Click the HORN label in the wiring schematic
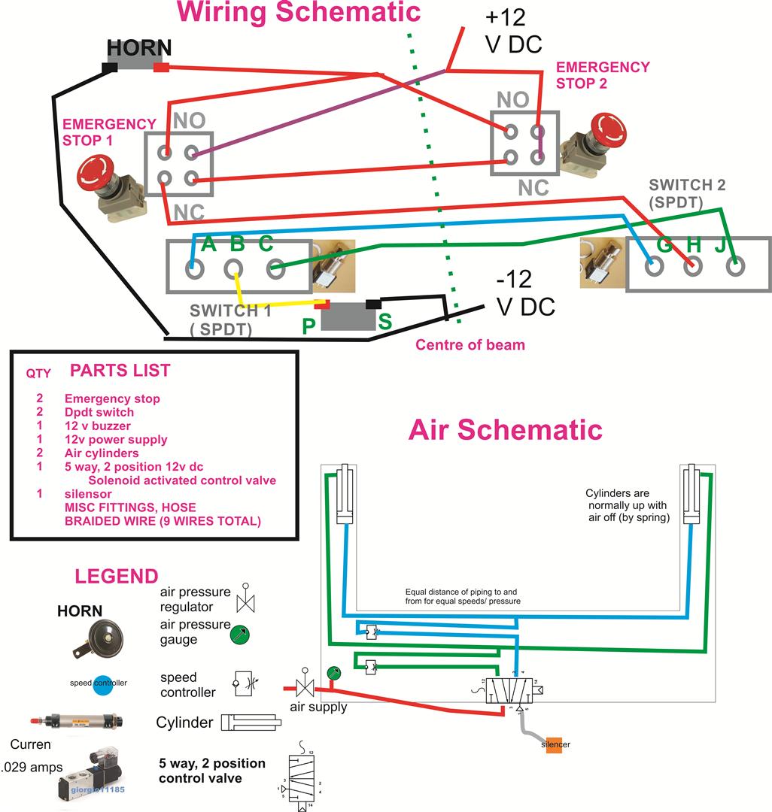tap(139, 49)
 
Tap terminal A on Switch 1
tap(195, 267)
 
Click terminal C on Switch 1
tap(275, 267)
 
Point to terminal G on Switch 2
tap(654, 266)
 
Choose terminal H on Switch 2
tap(693, 266)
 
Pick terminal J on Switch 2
tap(734, 266)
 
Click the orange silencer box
tap(555, 744)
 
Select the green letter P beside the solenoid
tap(308, 326)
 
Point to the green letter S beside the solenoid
tap(385, 322)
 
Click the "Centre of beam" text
tap(470, 345)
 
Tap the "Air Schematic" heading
tap(505, 429)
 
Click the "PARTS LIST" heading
tap(120, 370)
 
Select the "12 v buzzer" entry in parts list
tap(97, 426)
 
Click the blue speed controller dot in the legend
tap(102, 683)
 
